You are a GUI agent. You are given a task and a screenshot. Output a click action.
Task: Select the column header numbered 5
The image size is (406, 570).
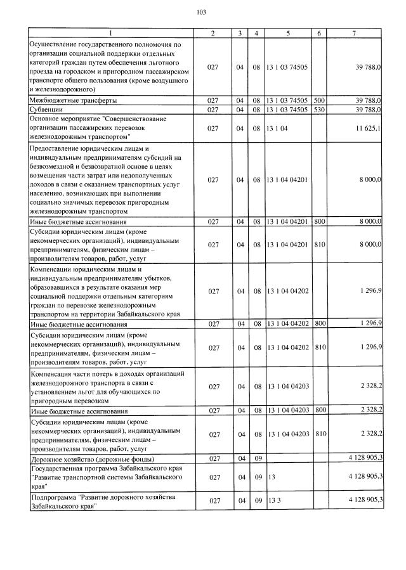(x=289, y=33)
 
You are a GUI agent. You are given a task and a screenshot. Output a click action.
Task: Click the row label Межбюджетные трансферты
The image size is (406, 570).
(x=74, y=100)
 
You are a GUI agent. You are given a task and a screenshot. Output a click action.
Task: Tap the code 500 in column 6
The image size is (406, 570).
(x=319, y=100)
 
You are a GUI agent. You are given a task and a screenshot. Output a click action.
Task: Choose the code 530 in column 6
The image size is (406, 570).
(x=319, y=109)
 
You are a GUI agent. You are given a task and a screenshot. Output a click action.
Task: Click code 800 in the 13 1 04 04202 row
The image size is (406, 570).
(x=319, y=323)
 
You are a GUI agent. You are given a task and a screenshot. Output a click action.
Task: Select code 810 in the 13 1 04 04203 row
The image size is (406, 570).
(x=319, y=434)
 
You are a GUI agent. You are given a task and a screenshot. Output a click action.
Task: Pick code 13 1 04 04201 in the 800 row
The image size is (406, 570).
(x=289, y=222)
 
